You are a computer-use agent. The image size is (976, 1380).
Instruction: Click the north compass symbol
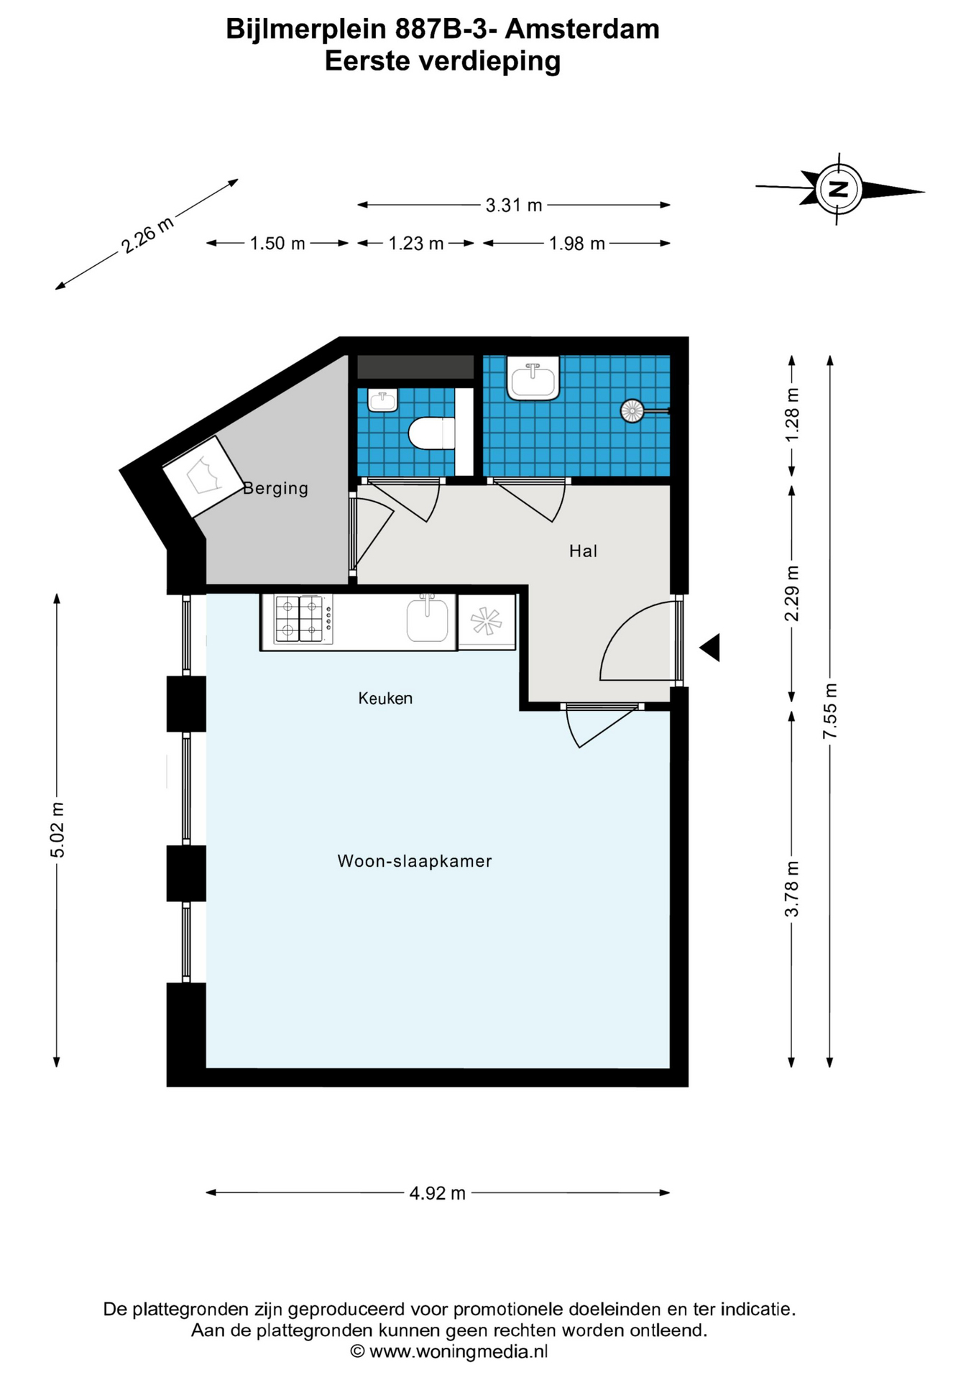[839, 189]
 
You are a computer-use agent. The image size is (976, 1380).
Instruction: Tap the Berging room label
[276, 489]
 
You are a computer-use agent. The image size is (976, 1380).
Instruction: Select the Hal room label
[583, 551]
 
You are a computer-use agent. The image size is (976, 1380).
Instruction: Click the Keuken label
[385, 698]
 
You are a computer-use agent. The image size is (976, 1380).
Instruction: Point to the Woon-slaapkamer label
[415, 861]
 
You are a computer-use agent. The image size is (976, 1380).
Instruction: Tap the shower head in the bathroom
[632, 411]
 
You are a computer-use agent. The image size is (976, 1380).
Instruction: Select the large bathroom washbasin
[533, 378]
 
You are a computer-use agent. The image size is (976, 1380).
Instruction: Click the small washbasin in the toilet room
[382, 400]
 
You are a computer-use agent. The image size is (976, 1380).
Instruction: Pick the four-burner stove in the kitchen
[300, 619]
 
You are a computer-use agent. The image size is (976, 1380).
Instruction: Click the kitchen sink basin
[428, 620]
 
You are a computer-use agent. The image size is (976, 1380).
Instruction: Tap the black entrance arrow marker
[710, 648]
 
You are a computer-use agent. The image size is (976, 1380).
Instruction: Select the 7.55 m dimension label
[830, 711]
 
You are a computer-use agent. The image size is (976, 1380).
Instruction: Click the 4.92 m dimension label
[438, 1193]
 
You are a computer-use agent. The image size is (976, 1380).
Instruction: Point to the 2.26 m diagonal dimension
[147, 234]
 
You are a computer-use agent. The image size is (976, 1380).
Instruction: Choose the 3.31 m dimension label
[514, 206]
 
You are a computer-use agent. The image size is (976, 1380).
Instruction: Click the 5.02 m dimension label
[57, 829]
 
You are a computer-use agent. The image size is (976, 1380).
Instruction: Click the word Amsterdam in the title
[583, 29]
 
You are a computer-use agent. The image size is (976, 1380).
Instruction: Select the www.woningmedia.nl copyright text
[449, 1351]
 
